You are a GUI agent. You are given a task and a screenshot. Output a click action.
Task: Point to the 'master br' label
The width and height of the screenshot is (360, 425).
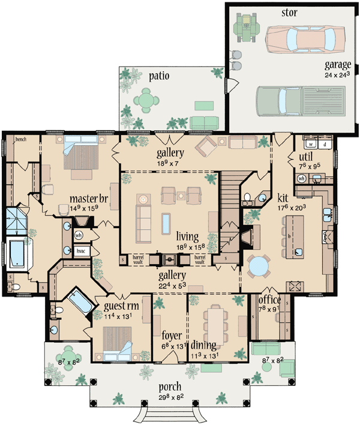click(x=88, y=198)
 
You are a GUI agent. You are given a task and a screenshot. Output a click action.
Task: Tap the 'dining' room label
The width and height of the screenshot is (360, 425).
click(x=208, y=345)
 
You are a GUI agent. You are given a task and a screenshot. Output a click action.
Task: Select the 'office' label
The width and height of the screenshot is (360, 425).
click(x=269, y=299)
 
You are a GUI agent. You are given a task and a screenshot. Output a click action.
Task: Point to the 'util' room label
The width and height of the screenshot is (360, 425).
click(x=306, y=157)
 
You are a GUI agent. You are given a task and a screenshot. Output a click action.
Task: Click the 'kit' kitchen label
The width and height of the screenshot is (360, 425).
click(x=283, y=197)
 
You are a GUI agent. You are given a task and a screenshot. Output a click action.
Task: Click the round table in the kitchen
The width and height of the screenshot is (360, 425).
click(x=259, y=266)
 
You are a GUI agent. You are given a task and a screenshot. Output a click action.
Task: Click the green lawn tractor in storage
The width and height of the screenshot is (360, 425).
click(x=246, y=28)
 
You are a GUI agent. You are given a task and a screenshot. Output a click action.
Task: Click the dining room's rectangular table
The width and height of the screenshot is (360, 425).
click(x=214, y=322)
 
